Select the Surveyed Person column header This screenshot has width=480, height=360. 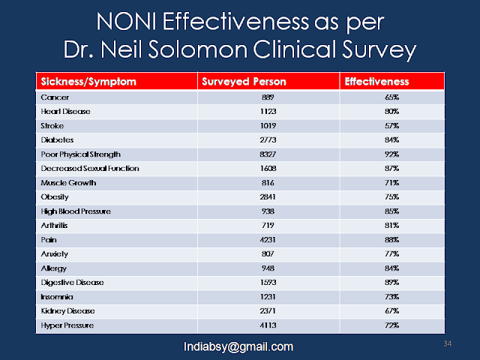pos(238,81)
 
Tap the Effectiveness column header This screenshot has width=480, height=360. pos(377,81)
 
